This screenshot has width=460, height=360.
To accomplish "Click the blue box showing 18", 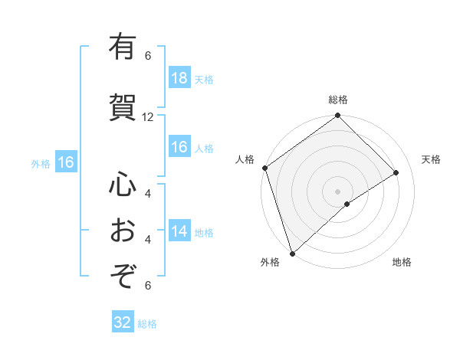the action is tap(179, 79).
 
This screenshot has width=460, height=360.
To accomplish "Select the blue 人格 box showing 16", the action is tap(179, 148).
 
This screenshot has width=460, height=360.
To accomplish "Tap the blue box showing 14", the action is tap(179, 232).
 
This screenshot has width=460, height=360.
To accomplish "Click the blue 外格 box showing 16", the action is tap(65, 162).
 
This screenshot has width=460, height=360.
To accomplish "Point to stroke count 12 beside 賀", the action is tap(148, 117).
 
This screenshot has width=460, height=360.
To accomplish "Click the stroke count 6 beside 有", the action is tap(148, 56).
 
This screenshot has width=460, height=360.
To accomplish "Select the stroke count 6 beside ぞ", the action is tap(148, 286).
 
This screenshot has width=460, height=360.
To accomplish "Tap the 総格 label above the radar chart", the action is tap(338, 100).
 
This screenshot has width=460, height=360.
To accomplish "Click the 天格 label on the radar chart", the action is tap(431, 159).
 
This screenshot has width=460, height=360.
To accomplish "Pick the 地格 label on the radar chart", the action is tap(402, 263).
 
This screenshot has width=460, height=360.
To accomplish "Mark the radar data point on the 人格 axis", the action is tap(264, 168).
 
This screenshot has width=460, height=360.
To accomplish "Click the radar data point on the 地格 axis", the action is tap(347, 204).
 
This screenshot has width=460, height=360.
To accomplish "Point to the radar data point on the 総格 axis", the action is tap(338, 116).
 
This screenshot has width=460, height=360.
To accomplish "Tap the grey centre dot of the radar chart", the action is tap(338, 191).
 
